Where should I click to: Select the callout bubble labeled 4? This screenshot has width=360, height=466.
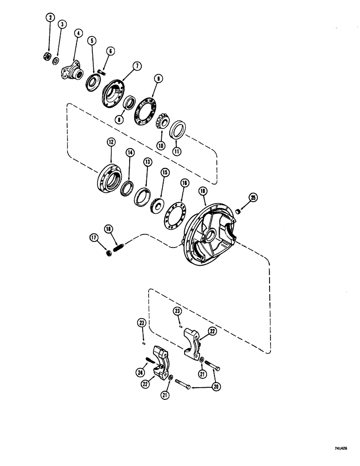click(x=78, y=33)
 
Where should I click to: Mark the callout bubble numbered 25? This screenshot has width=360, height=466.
click(x=253, y=198)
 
